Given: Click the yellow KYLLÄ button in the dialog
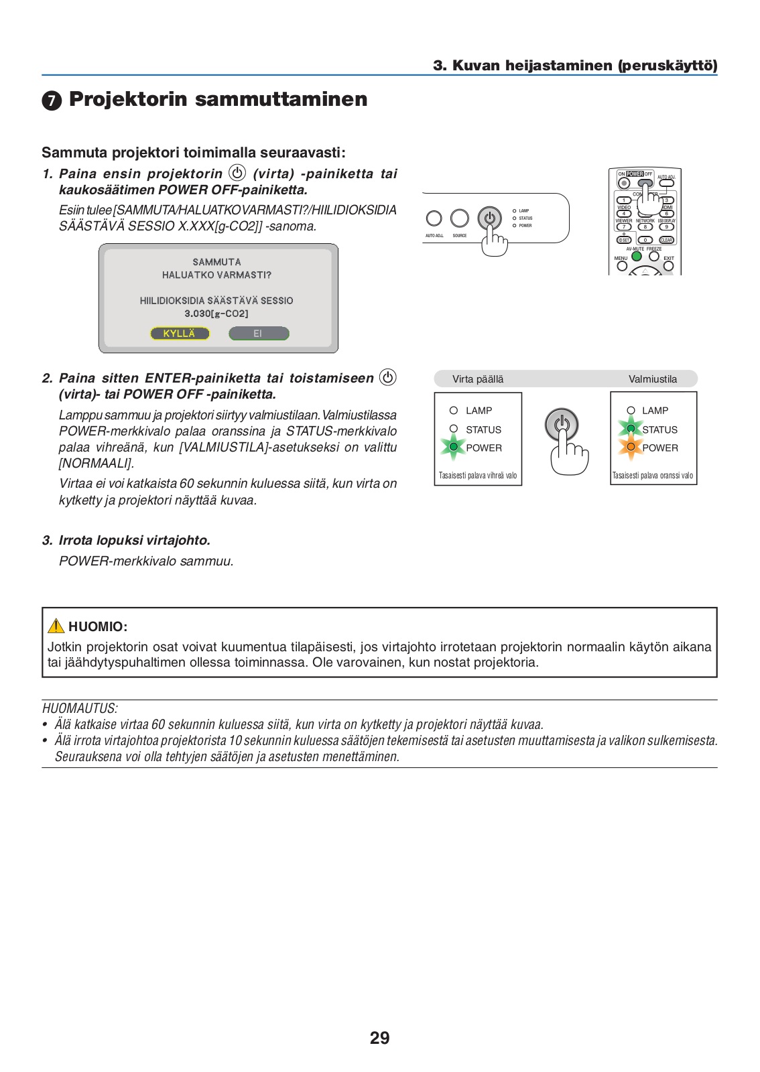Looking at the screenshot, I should click(x=180, y=333).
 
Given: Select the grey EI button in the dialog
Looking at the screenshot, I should click(x=258, y=333).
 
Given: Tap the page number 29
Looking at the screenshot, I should click(x=379, y=1038).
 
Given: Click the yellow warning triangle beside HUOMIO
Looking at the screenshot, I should click(x=56, y=626).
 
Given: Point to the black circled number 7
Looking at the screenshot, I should click(x=52, y=100).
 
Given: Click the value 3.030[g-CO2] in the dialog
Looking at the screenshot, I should click(x=216, y=314).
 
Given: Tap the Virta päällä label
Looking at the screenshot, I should click(x=478, y=379).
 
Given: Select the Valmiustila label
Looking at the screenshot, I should click(x=652, y=379).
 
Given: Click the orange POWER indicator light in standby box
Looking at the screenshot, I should click(x=631, y=447).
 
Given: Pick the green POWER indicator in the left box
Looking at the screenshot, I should click(x=454, y=447).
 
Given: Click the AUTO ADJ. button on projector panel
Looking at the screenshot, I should click(x=434, y=218).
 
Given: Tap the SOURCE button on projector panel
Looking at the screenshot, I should click(x=460, y=218).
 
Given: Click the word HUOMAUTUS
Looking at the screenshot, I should click(x=80, y=708).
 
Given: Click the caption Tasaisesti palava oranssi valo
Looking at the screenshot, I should click(x=653, y=476).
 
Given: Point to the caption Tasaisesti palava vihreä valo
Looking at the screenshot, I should click(x=478, y=476).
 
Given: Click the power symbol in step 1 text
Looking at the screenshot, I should click(x=237, y=173).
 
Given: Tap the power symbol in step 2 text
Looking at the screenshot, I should click(x=387, y=377).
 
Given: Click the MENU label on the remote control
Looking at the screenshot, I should click(x=621, y=258).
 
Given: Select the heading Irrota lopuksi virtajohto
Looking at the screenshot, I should click(x=134, y=540).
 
